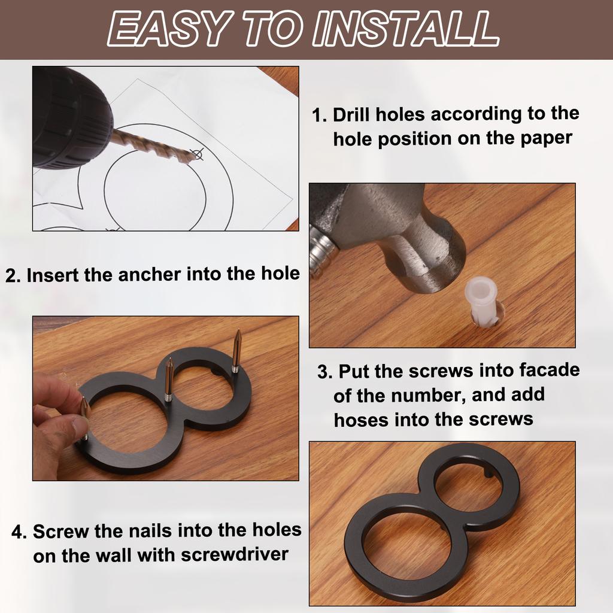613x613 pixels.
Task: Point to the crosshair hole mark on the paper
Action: tap(198, 154)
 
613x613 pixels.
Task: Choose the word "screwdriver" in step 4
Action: tap(235, 555)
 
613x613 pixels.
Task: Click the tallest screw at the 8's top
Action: tap(236, 350)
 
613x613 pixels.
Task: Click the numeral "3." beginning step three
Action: tap(325, 372)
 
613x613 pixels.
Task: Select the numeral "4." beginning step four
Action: tap(19, 532)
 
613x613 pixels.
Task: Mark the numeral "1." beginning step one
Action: tap(320, 116)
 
